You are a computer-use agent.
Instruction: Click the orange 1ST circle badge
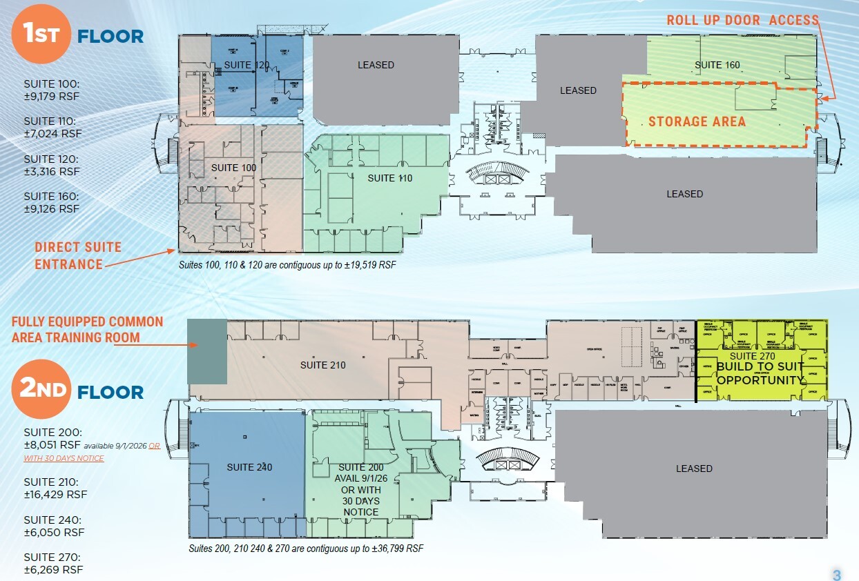(x=41, y=34)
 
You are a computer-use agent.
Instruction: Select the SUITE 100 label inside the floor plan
(x=234, y=168)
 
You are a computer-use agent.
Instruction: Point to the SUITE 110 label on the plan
(x=389, y=178)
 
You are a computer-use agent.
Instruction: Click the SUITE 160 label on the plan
(x=717, y=65)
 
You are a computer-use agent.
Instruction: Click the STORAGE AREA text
(x=697, y=122)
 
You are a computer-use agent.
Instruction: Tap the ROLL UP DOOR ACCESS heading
(x=742, y=20)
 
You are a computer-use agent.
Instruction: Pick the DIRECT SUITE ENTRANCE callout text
(x=78, y=255)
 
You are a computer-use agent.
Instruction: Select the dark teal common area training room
(x=208, y=351)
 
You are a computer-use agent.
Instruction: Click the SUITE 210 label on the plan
(x=322, y=365)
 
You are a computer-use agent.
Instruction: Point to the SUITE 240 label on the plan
(x=249, y=467)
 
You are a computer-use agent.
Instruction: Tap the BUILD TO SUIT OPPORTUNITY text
(x=760, y=373)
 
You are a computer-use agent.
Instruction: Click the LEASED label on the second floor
(x=694, y=469)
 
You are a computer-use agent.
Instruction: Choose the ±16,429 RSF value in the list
(x=55, y=494)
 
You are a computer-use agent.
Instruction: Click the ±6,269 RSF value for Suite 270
(x=53, y=569)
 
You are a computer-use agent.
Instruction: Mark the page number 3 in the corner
(x=836, y=575)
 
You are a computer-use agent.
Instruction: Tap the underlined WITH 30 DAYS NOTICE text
(x=64, y=458)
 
